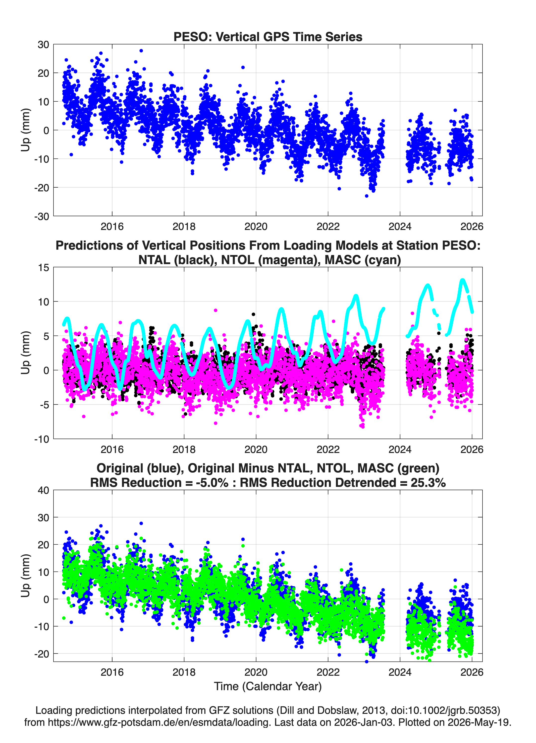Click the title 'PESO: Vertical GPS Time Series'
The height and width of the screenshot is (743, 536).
[x=268, y=37]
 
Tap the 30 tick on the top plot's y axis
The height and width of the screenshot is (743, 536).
[x=43, y=45]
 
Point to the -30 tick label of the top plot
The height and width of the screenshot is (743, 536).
[x=42, y=216]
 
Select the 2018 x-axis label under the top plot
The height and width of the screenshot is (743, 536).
[x=184, y=226]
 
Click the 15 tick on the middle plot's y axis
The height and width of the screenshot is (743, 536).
[x=44, y=267]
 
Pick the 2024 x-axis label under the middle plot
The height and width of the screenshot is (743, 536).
[x=400, y=449]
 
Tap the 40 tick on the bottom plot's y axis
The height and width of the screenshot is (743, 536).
[x=43, y=490]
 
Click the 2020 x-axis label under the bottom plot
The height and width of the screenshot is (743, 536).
[x=256, y=672]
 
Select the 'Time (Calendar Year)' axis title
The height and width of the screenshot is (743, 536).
[x=268, y=686]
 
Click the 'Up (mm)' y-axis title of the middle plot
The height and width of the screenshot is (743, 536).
[x=26, y=353]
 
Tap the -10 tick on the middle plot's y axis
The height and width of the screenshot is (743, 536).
[x=42, y=439]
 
